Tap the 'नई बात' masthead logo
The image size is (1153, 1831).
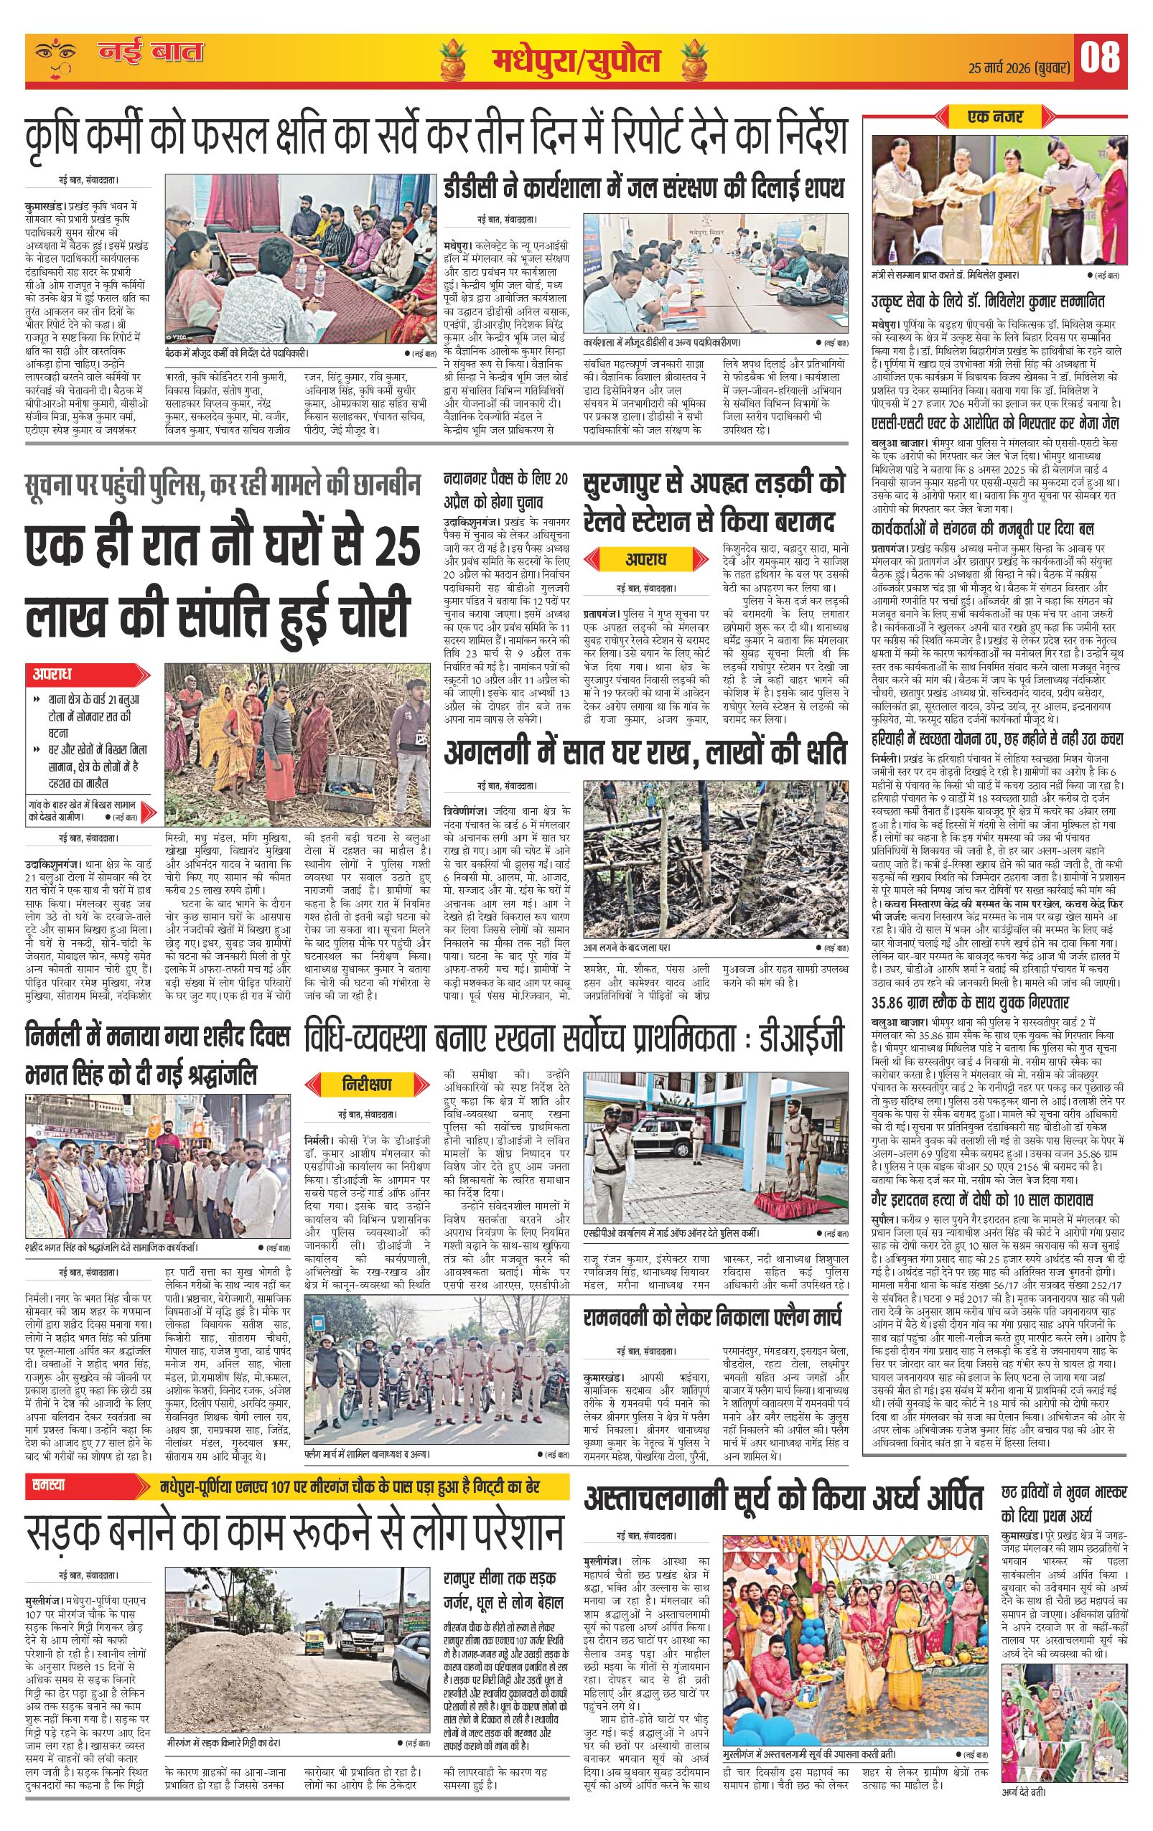pos(150,52)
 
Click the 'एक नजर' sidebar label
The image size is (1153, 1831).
pos(996,116)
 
